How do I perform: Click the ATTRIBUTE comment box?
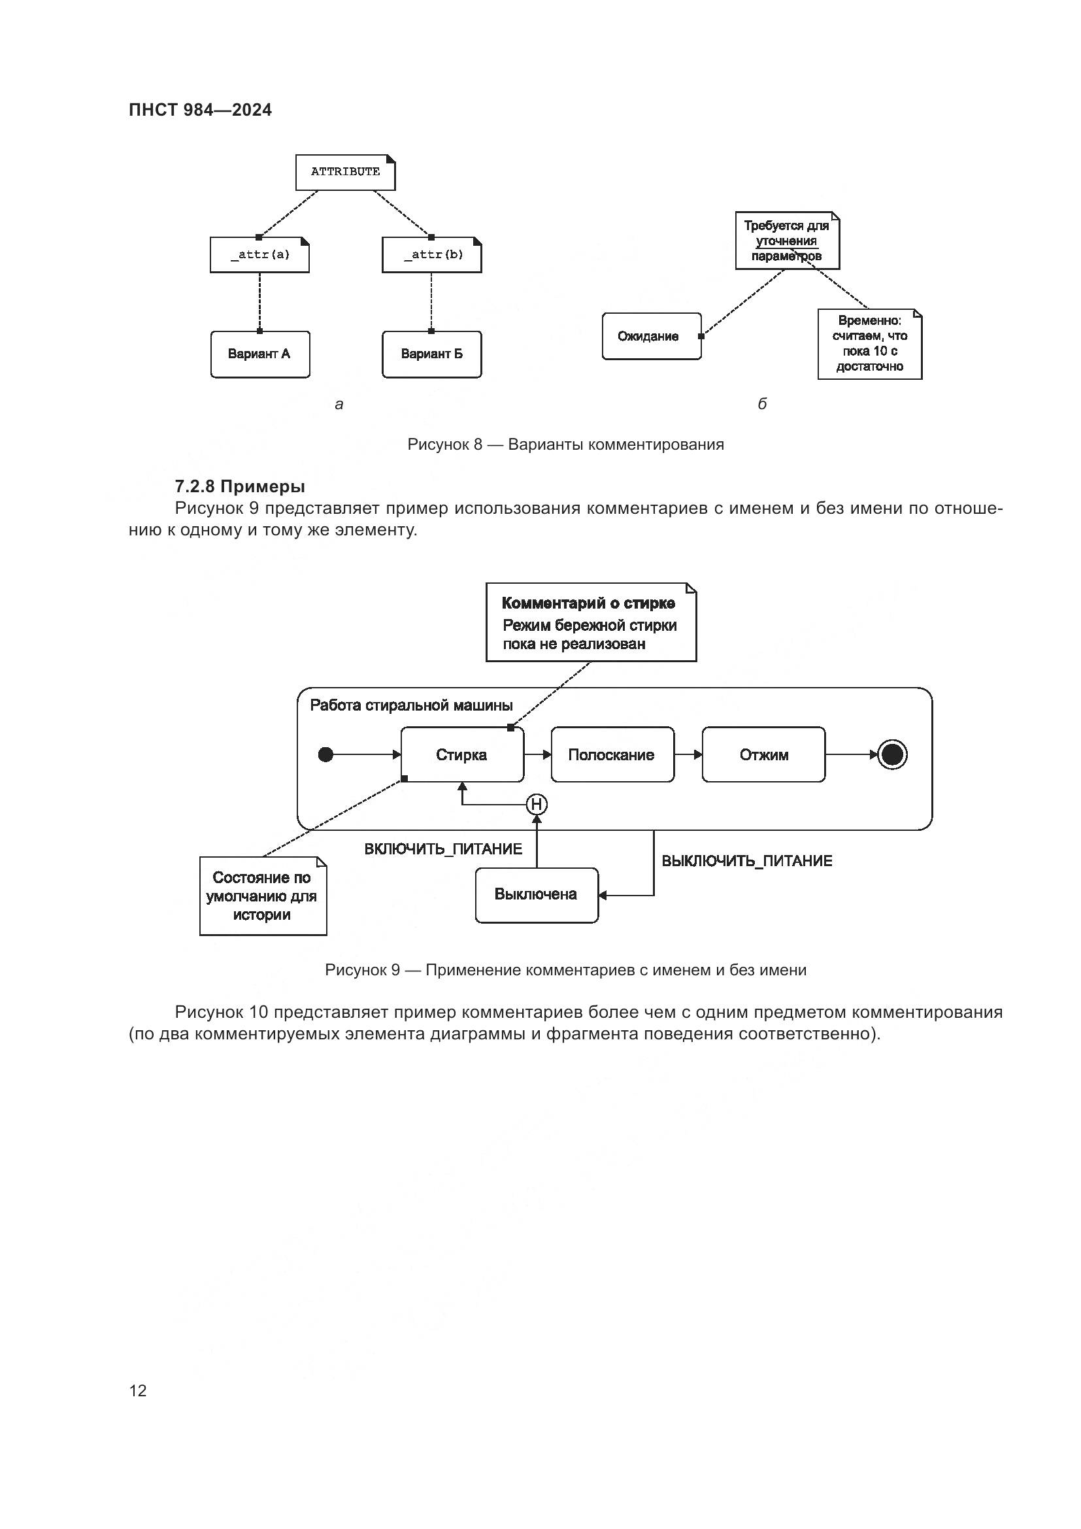pos(345,173)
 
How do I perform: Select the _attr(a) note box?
pos(259,254)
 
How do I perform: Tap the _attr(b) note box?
pos(431,254)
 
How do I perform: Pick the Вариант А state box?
pos(259,354)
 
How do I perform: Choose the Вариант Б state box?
pos(431,354)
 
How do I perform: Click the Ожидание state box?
pos(651,336)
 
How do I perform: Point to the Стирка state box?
pos(462,754)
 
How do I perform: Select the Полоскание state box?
pos(612,754)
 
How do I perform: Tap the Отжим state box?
pos(763,754)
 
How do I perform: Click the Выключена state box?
pos(537,895)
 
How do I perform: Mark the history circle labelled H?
pos(537,805)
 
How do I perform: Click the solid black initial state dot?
pos(325,754)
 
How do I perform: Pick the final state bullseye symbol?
pos(892,754)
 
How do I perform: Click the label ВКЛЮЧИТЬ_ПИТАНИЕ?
pos(442,849)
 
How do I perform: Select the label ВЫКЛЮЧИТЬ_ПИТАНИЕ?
pos(746,861)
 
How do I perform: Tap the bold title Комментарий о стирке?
pos(588,603)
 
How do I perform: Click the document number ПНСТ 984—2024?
pos(201,110)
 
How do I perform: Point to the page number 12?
pos(138,1390)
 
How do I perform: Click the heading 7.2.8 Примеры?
pos(240,487)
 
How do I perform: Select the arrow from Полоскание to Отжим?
pos(688,754)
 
